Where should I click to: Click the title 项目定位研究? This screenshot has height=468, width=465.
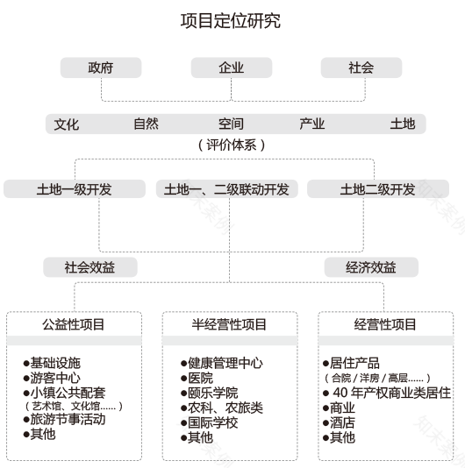pyautogui.click(x=232, y=21)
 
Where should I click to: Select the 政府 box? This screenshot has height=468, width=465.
pyautogui.click(x=101, y=67)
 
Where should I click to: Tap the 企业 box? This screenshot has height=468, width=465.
pyautogui.click(x=232, y=67)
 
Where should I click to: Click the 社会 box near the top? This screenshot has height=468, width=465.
pyautogui.click(x=361, y=67)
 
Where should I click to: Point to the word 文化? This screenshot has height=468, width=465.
pyautogui.click(x=66, y=124)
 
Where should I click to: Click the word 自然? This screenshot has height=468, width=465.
pyautogui.click(x=146, y=124)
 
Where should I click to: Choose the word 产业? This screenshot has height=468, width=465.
pyautogui.click(x=311, y=124)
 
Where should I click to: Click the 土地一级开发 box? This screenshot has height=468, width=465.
pyautogui.click(x=74, y=188)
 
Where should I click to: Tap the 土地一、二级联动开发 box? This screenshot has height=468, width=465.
pyautogui.click(x=227, y=188)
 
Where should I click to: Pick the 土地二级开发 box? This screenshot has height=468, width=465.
pyautogui.click(x=377, y=188)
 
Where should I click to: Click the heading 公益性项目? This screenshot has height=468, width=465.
pyautogui.click(x=74, y=324)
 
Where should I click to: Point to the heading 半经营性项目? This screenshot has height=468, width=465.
pyautogui.click(x=229, y=324)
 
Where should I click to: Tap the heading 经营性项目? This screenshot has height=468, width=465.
pyautogui.click(x=385, y=324)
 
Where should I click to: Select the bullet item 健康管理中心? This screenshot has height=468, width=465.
pyautogui.click(x=225, y=363)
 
